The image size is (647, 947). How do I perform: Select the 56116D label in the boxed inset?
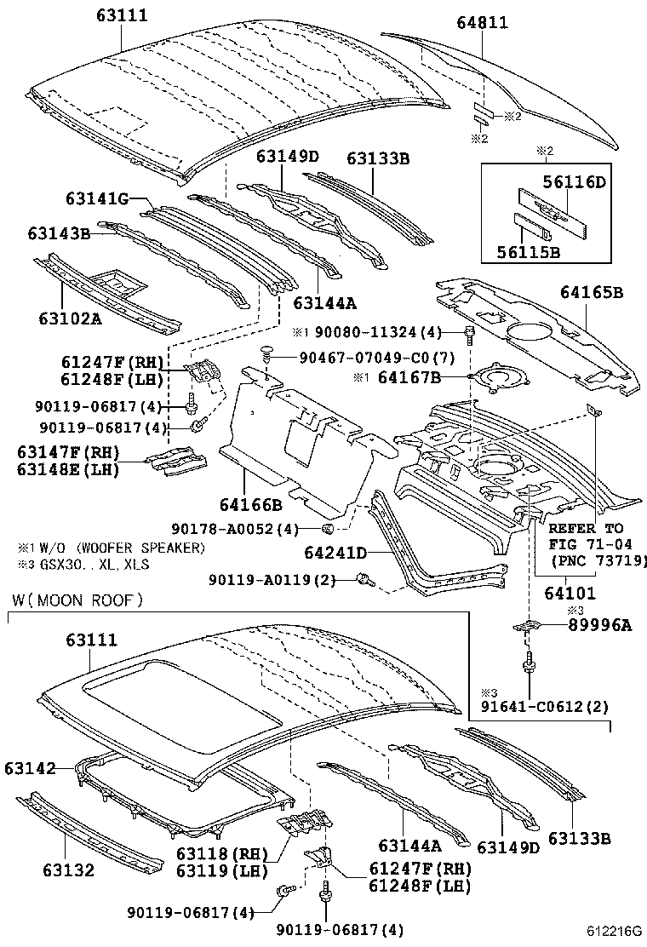click(x=574, y=181)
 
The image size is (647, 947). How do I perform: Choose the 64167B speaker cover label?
click(x=409, y=376)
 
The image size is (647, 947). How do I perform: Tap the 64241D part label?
click(x=337, y=554)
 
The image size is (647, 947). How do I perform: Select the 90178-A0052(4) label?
click(x=239, y=530)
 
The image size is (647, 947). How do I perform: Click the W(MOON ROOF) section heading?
click(x=77, y=600)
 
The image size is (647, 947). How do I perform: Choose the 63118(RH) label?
click(x=226, y=852)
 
